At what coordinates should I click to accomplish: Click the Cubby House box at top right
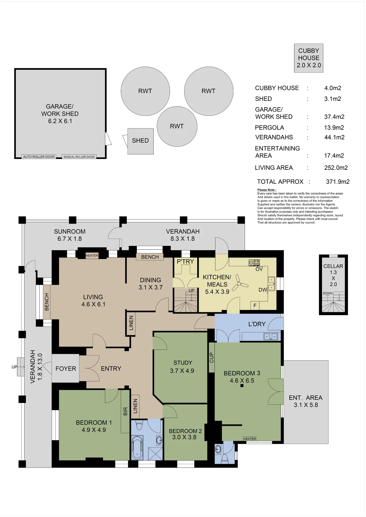pos(309,58)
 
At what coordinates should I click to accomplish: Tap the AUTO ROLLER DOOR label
pos(39,157)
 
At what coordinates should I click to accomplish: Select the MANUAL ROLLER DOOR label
pos(79,157)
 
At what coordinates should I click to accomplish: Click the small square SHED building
pos(140,141)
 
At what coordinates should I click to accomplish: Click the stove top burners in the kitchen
pos(254,263)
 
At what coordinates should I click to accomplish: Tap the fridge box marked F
pos(255,306)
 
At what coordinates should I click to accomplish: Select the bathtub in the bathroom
pos(137,448)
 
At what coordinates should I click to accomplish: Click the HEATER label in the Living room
pos(92,255)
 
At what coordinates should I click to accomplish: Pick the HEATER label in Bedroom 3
pos(250,439)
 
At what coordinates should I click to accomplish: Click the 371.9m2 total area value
pos(338,182)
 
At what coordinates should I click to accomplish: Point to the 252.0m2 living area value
pos(336,168)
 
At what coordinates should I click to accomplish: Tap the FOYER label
pos(66,369)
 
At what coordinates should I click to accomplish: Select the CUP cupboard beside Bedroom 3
pos(212,358)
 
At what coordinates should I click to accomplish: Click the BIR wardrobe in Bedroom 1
pos(125,411)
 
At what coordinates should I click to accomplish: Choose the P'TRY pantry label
pos(185,262)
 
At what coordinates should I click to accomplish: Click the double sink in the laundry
pos(271,337)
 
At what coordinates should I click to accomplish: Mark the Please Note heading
pos(267,190)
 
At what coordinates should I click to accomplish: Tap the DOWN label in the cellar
pos(327,293)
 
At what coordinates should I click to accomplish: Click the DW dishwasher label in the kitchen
pos(263,290)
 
